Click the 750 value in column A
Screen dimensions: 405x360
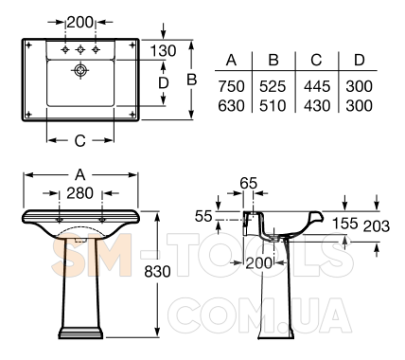coord(231,86)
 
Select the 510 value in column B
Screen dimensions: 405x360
coord(273,106)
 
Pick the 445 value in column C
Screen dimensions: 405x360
coord(317,86)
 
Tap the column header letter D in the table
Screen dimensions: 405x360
coord(360,60)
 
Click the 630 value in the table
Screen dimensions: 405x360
coord(231,106)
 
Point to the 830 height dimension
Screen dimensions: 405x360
coord(157,271)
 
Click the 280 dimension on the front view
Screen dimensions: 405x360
coord(79,193)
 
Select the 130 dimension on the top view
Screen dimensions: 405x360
coord(163,51)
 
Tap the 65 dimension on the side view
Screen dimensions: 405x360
coord(249,183)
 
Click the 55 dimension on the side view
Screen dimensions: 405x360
coord(203,216)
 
